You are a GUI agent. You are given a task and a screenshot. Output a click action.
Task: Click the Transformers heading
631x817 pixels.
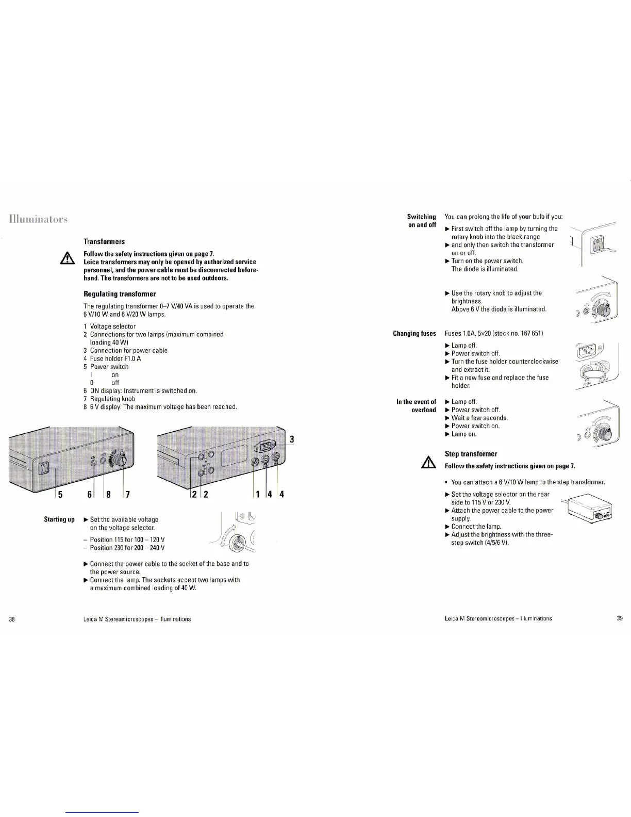pos(104,241)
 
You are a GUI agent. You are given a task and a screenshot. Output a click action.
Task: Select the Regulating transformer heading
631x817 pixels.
pos(120,294)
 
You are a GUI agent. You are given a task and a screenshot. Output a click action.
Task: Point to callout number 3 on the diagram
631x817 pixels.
pos(292,439)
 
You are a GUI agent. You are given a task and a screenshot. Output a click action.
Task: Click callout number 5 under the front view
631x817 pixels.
pos(60,495)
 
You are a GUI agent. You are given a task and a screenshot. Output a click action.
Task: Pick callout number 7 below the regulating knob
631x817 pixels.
pos(127,495)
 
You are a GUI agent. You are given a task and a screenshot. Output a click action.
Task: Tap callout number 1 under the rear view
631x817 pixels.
pos(256,495)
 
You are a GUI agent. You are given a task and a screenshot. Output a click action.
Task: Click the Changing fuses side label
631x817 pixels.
pos(414,333)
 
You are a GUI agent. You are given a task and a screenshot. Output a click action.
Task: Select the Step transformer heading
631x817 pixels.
pos(471,454)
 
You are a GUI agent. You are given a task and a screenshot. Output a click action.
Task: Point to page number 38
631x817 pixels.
pos(12,619)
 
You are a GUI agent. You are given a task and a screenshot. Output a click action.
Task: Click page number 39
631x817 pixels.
pos(620,618)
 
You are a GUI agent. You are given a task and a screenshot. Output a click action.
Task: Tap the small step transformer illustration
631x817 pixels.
pos(590,507)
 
